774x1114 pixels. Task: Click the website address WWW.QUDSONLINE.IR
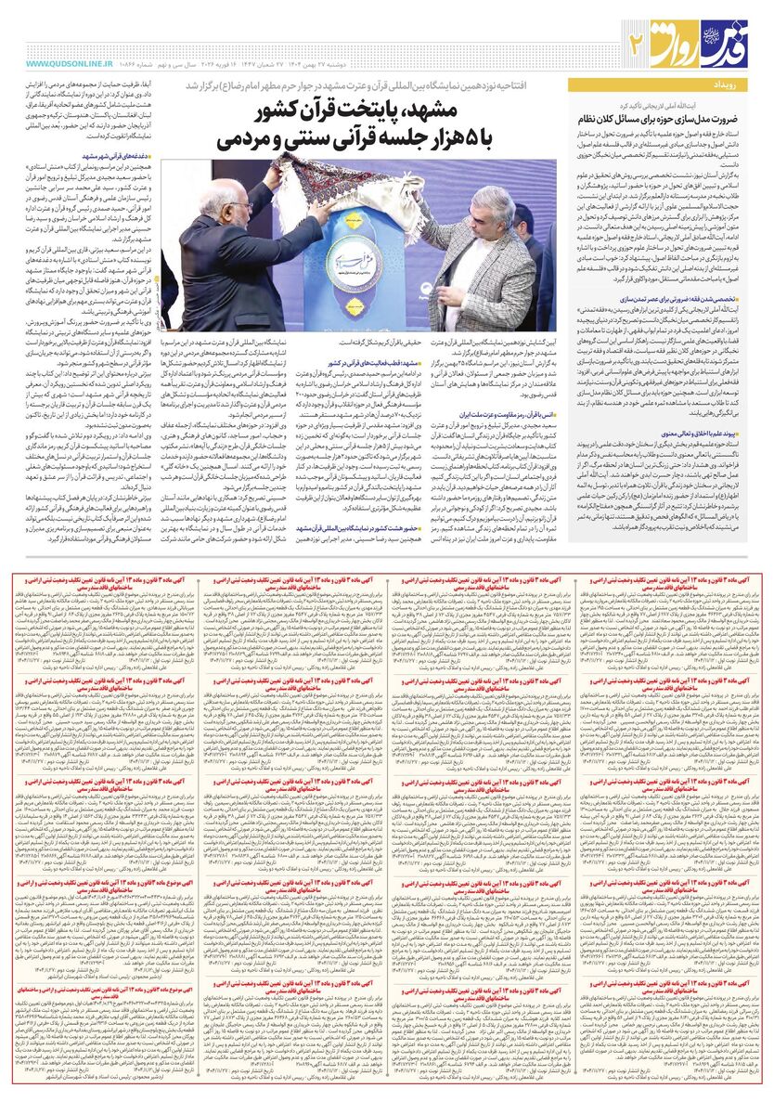click(69, 62)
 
